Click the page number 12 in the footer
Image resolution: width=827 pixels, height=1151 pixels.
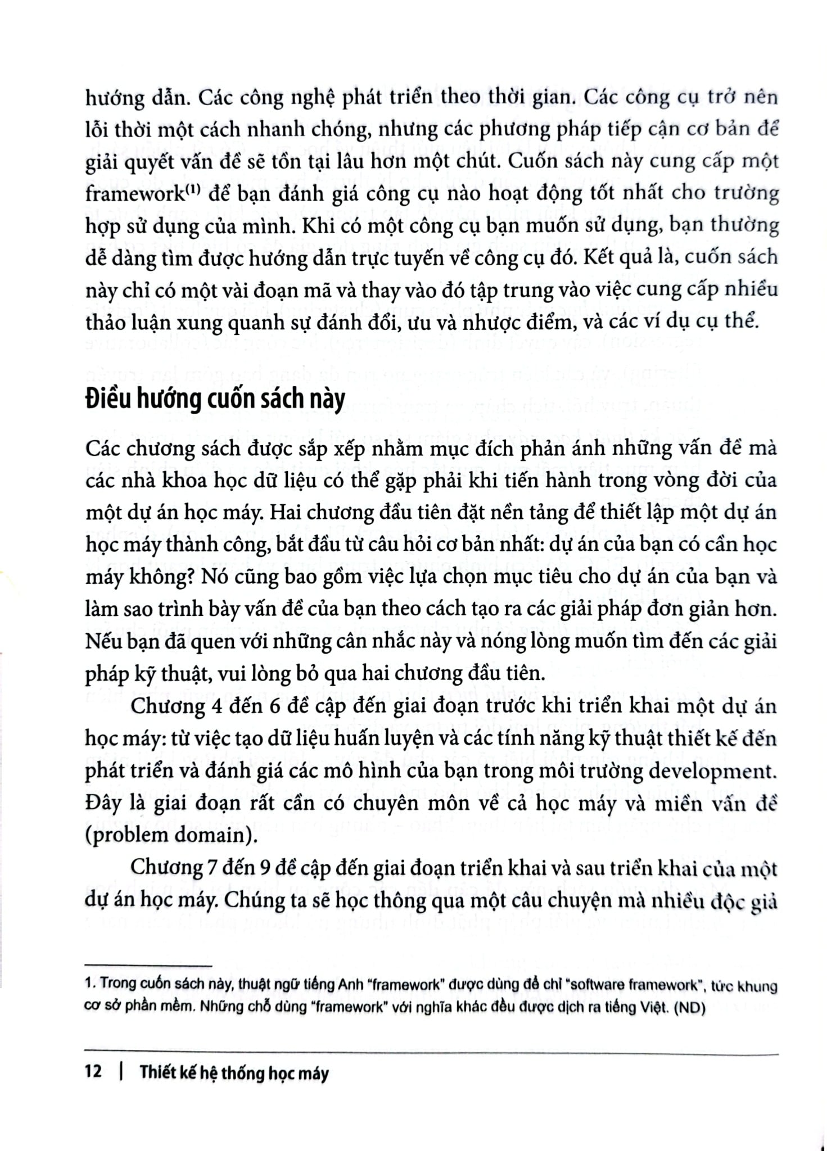tap(93, 1072)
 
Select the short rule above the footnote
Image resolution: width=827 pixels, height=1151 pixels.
tap(148, 966)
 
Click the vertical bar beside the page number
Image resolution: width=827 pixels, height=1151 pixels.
tap(121, 1072)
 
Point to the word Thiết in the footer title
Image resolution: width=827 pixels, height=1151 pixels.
tap(159, 1072)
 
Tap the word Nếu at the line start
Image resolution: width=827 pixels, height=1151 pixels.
tap(105, 642)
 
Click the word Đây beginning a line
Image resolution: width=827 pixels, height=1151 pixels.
tap(104, 804)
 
